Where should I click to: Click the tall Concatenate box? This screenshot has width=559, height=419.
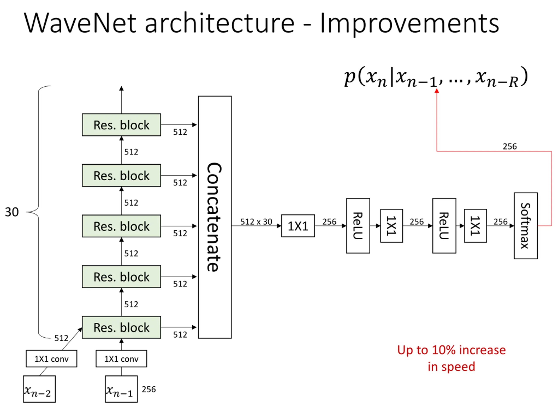[x=215, y=217]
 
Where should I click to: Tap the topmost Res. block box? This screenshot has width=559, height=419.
[x=121, y=125]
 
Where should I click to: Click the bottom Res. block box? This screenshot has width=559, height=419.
[x=121, y=327]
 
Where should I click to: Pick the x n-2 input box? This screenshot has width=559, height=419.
[x=39, y=389]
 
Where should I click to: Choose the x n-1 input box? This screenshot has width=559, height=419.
[x=121, y=389]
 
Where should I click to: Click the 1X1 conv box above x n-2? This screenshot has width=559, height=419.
[x=52, y=359]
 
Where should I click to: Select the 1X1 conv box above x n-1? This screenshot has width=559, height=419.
[x=121, y=359]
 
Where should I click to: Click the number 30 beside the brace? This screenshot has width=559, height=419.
[x=12, y=212]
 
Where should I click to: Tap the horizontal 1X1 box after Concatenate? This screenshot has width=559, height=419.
[x=298, y=226]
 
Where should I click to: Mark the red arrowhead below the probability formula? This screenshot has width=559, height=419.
[x=437, y=91]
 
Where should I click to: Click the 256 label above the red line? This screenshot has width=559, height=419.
[x=510, y=146]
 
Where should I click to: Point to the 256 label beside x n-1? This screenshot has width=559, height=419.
[x=149, y=389]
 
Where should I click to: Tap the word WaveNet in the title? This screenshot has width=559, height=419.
[x=80, y=23]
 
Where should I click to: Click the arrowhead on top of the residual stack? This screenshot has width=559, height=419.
[x=121, y=88]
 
